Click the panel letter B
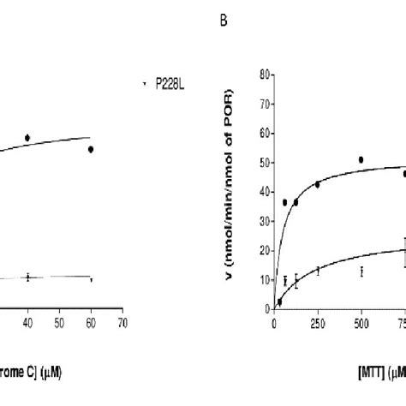coord(224,39)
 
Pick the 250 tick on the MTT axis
coord(317,324)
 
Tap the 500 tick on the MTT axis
coord(361,324)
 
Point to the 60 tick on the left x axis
coord(91,324)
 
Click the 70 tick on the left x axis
coord(122,324)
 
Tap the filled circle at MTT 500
coord(361,159)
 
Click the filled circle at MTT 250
coord(317,184)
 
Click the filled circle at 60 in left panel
coord(91,149)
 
